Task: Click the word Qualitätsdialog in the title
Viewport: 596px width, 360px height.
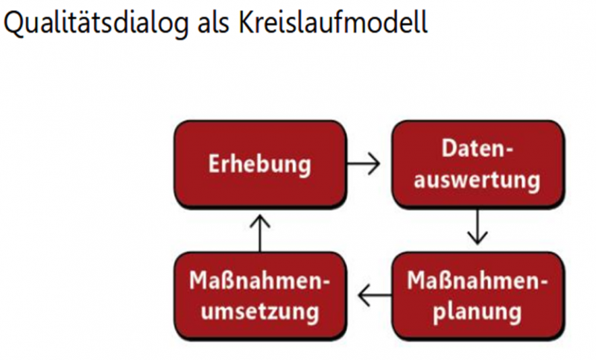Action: click(95, 23)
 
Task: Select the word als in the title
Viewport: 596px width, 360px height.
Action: click(213, 22)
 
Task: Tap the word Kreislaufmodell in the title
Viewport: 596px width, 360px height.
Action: click(333, 22)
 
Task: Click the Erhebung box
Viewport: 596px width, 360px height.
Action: click(260, 164)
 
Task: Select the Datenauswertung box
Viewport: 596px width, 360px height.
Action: click(478, 164)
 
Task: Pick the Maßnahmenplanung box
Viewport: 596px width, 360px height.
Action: click(478, 295)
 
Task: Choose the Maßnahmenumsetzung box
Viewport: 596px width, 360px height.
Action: click(260, 295)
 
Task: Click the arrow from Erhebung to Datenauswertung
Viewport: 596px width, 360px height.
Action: click(364, 164)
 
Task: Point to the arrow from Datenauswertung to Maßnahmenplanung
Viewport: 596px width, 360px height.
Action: click(478, 227)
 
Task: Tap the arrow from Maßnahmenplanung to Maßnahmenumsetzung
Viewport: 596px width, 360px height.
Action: click(375, 295)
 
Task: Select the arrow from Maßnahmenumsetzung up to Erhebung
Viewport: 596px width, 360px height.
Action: click(260, 233)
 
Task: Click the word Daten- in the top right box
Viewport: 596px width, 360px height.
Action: click(478, 148)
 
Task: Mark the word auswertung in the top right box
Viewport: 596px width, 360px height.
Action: click(477, 180)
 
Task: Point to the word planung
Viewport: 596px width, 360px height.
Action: click(477, 312)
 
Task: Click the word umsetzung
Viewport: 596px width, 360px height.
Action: click(260, 312)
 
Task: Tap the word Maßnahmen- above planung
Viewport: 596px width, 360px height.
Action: click(478, 280)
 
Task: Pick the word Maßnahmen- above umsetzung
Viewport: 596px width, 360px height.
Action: click(260, 280)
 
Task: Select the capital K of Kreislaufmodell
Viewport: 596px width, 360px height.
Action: click(247, 22)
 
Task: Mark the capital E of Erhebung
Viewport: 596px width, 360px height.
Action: click(214, 164)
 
